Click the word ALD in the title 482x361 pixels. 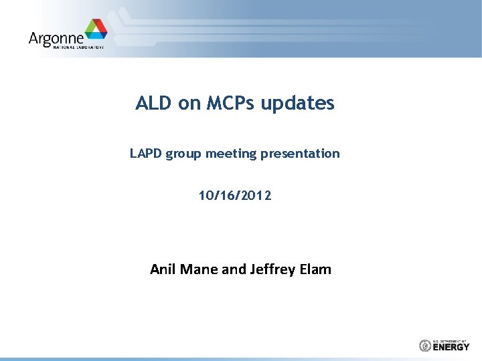click(154, 104)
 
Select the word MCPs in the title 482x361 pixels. click(229, 104)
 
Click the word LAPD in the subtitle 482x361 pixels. click(146, 154)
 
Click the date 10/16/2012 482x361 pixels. click(235, 196)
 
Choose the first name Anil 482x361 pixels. click(163, 269)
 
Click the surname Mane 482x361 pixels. click(198, 269)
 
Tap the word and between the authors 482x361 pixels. click(234, 269)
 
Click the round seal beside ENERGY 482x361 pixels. click(424, 346)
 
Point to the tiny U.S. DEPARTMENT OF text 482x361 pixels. click(451, 340)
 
